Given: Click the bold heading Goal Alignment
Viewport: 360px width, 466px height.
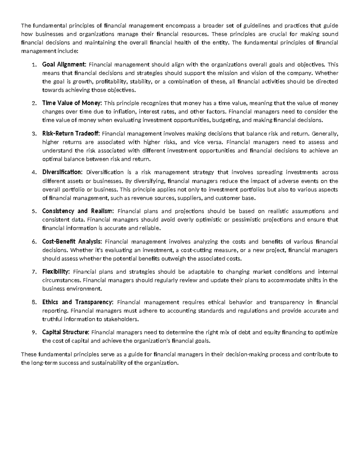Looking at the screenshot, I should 64,65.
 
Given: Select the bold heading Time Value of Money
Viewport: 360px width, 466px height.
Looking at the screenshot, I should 72,103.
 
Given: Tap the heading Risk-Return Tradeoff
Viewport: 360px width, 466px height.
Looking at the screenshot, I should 72,134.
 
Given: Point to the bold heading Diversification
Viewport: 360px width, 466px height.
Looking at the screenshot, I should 62,172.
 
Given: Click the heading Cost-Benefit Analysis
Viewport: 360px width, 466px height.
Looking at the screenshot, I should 72,242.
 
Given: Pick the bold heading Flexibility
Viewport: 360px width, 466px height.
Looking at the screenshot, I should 56,272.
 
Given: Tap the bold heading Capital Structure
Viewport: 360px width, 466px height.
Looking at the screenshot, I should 65,332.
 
